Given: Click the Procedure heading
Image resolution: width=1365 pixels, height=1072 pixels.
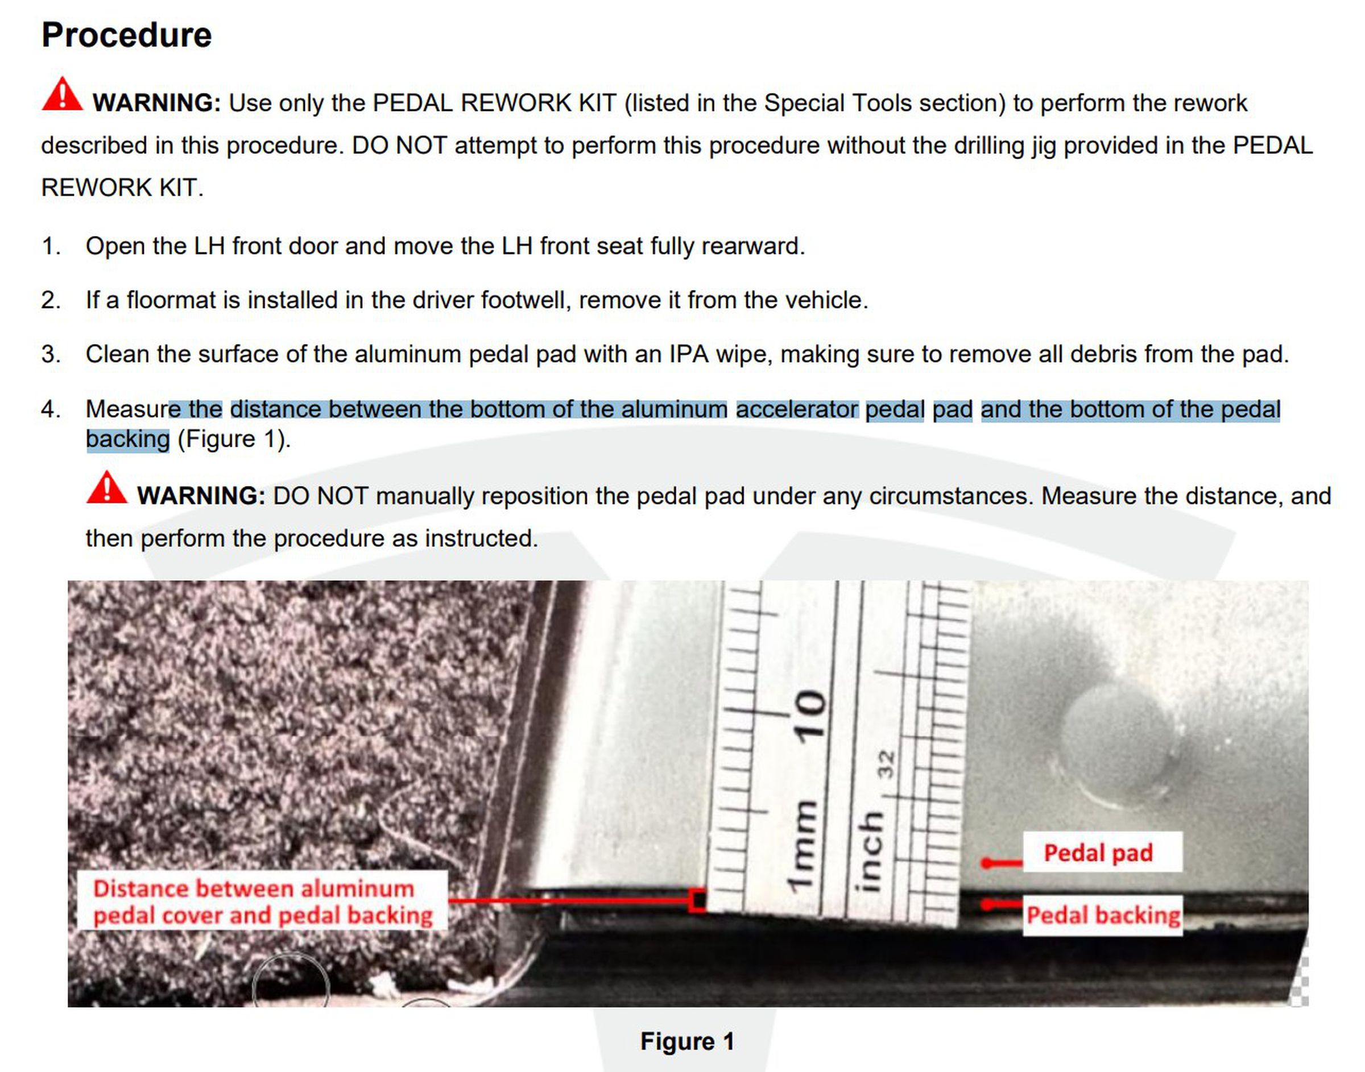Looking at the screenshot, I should (x=126, y=35).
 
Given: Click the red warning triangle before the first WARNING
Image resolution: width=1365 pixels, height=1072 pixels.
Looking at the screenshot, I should (x=62, y=95).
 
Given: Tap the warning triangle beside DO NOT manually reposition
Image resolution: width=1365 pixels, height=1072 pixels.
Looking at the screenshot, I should (x=107, y=488).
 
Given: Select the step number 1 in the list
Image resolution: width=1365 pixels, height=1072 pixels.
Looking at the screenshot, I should (x=51, y=246).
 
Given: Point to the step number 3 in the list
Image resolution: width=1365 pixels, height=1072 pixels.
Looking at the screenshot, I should (x=51, y=355).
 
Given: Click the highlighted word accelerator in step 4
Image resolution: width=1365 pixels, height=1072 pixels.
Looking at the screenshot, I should (x=797, y=409).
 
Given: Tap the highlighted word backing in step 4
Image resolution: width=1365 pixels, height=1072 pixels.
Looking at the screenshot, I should (x=127, y=439).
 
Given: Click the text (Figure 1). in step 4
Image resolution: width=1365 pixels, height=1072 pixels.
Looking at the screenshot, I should (x=234, y=439).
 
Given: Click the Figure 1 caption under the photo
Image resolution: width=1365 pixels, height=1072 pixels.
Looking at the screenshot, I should (x=687, y=1041).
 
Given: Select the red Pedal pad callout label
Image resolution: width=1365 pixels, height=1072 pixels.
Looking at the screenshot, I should (x=1098, y=853).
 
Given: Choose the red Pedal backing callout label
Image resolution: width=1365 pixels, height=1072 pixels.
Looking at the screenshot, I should (x=1103, y=915).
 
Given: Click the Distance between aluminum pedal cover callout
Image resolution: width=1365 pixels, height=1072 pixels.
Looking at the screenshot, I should (x=262, y=901).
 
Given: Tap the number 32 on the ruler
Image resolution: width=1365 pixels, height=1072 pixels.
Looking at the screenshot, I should (x=886, y=764).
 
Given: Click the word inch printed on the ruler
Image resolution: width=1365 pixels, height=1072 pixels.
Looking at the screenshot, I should (x=870, y=850).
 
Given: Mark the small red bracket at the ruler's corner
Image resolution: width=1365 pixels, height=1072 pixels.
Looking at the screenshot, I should (x=697, y=900).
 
